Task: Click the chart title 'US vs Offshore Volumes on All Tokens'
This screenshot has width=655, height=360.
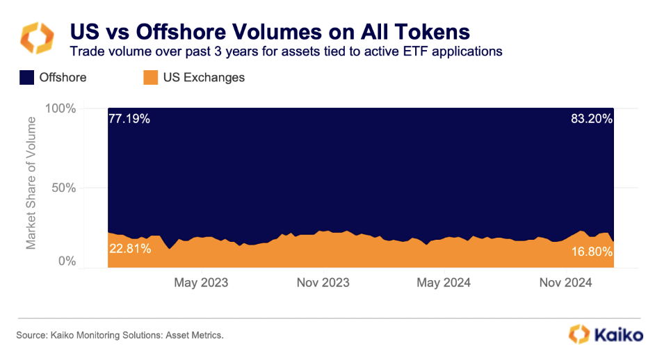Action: (268, 32)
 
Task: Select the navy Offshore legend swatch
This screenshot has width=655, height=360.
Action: (26, 77)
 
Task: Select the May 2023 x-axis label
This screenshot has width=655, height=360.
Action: (201, 283)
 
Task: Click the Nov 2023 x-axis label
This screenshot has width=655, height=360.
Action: (323, 283)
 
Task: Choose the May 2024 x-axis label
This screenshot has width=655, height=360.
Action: (444, 283)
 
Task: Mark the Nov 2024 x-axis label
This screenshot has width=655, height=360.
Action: (565, 283)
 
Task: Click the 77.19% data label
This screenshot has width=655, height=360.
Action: (129, 119)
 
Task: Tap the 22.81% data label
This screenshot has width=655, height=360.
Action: (129, 249)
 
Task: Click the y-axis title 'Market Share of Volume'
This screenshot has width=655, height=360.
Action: (31, 183)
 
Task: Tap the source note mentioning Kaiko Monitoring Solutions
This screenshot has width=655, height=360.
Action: (120, 336)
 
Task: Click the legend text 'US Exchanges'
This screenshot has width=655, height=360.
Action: (204, 77)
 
